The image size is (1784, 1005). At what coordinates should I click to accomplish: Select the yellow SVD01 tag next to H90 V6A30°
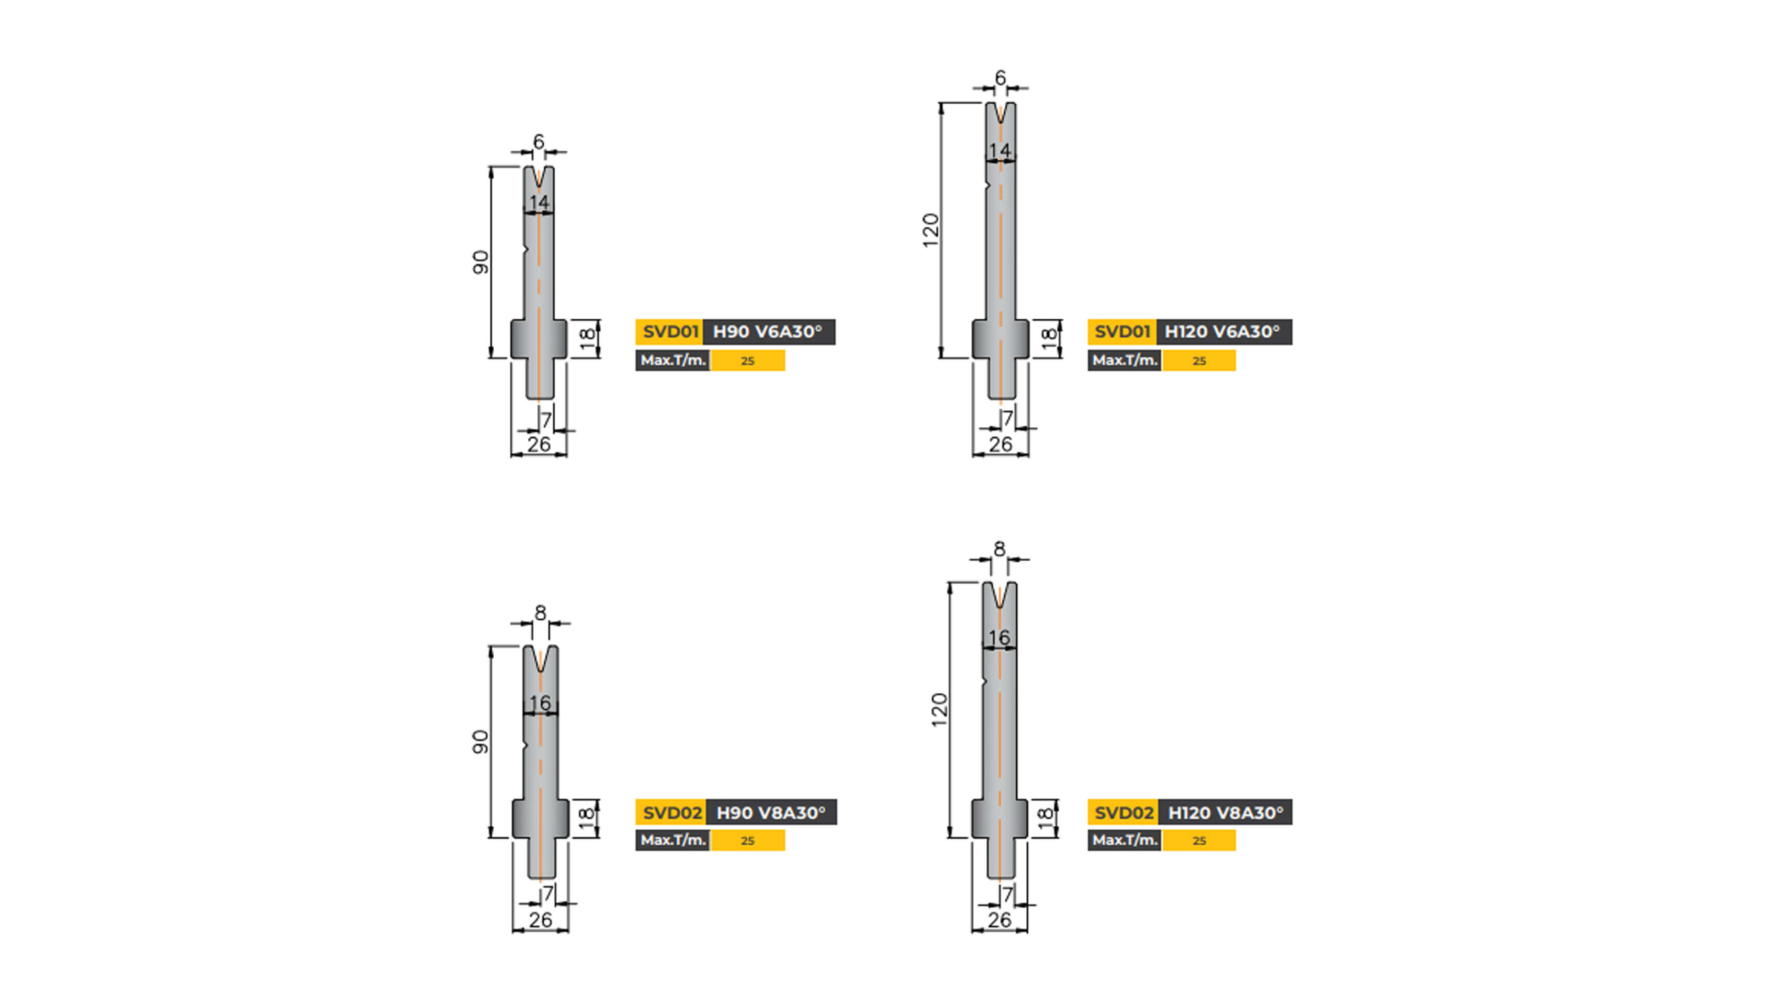pyautogui.click(x=669, y=332)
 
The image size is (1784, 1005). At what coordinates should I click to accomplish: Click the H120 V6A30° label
pyautogui.click(x=1223, y=332)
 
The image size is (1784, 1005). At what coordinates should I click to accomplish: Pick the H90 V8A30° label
pyautogui.click(x=770, y=812)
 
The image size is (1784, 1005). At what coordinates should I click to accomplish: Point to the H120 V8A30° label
pyautogui.click(x=1225, y=812)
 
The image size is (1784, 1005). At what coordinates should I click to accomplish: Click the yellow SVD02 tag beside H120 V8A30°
pyautogui.click(x=1123, y=812)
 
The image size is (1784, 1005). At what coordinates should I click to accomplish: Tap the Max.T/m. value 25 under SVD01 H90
pyautogui.click(x=747, y=361)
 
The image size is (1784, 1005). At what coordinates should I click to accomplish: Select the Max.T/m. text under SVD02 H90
pyautogui.click(x=672, y=840)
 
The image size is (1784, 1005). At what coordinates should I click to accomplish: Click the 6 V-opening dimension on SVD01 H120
pyautogui.click(x=1000, y=79)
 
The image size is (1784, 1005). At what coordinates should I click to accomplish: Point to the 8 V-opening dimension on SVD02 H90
pyautogui.click(x=540, y=613)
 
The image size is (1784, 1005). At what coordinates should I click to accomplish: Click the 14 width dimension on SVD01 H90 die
pyautogui.click(x=539, y=202)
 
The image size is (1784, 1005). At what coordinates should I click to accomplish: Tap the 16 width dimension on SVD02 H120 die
pyautogui.click(x=998, y=637)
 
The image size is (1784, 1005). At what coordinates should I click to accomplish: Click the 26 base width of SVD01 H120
pyautogui.click(x=1000, y=444)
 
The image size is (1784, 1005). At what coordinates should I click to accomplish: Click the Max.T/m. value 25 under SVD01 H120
pyautogui.click(x=1199, y=361)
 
